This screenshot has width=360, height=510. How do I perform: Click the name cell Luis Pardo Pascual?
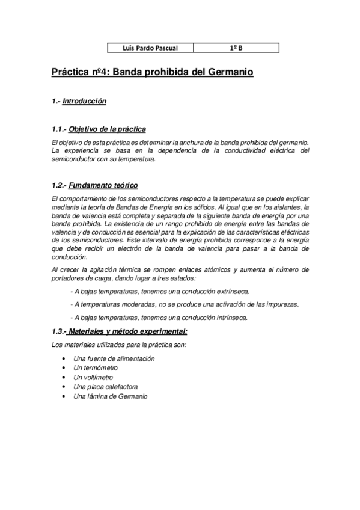pos(145,47)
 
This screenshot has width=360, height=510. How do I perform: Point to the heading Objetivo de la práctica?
pos(108,129)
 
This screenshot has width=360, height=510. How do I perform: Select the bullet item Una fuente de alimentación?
pos(114,358)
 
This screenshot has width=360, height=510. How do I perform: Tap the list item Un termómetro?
pos(96,368)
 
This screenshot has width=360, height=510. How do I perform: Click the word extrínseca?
pos(233,291)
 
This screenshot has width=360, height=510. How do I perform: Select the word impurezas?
pos(282,304)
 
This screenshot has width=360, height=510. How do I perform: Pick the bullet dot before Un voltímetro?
pos(64,378)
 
